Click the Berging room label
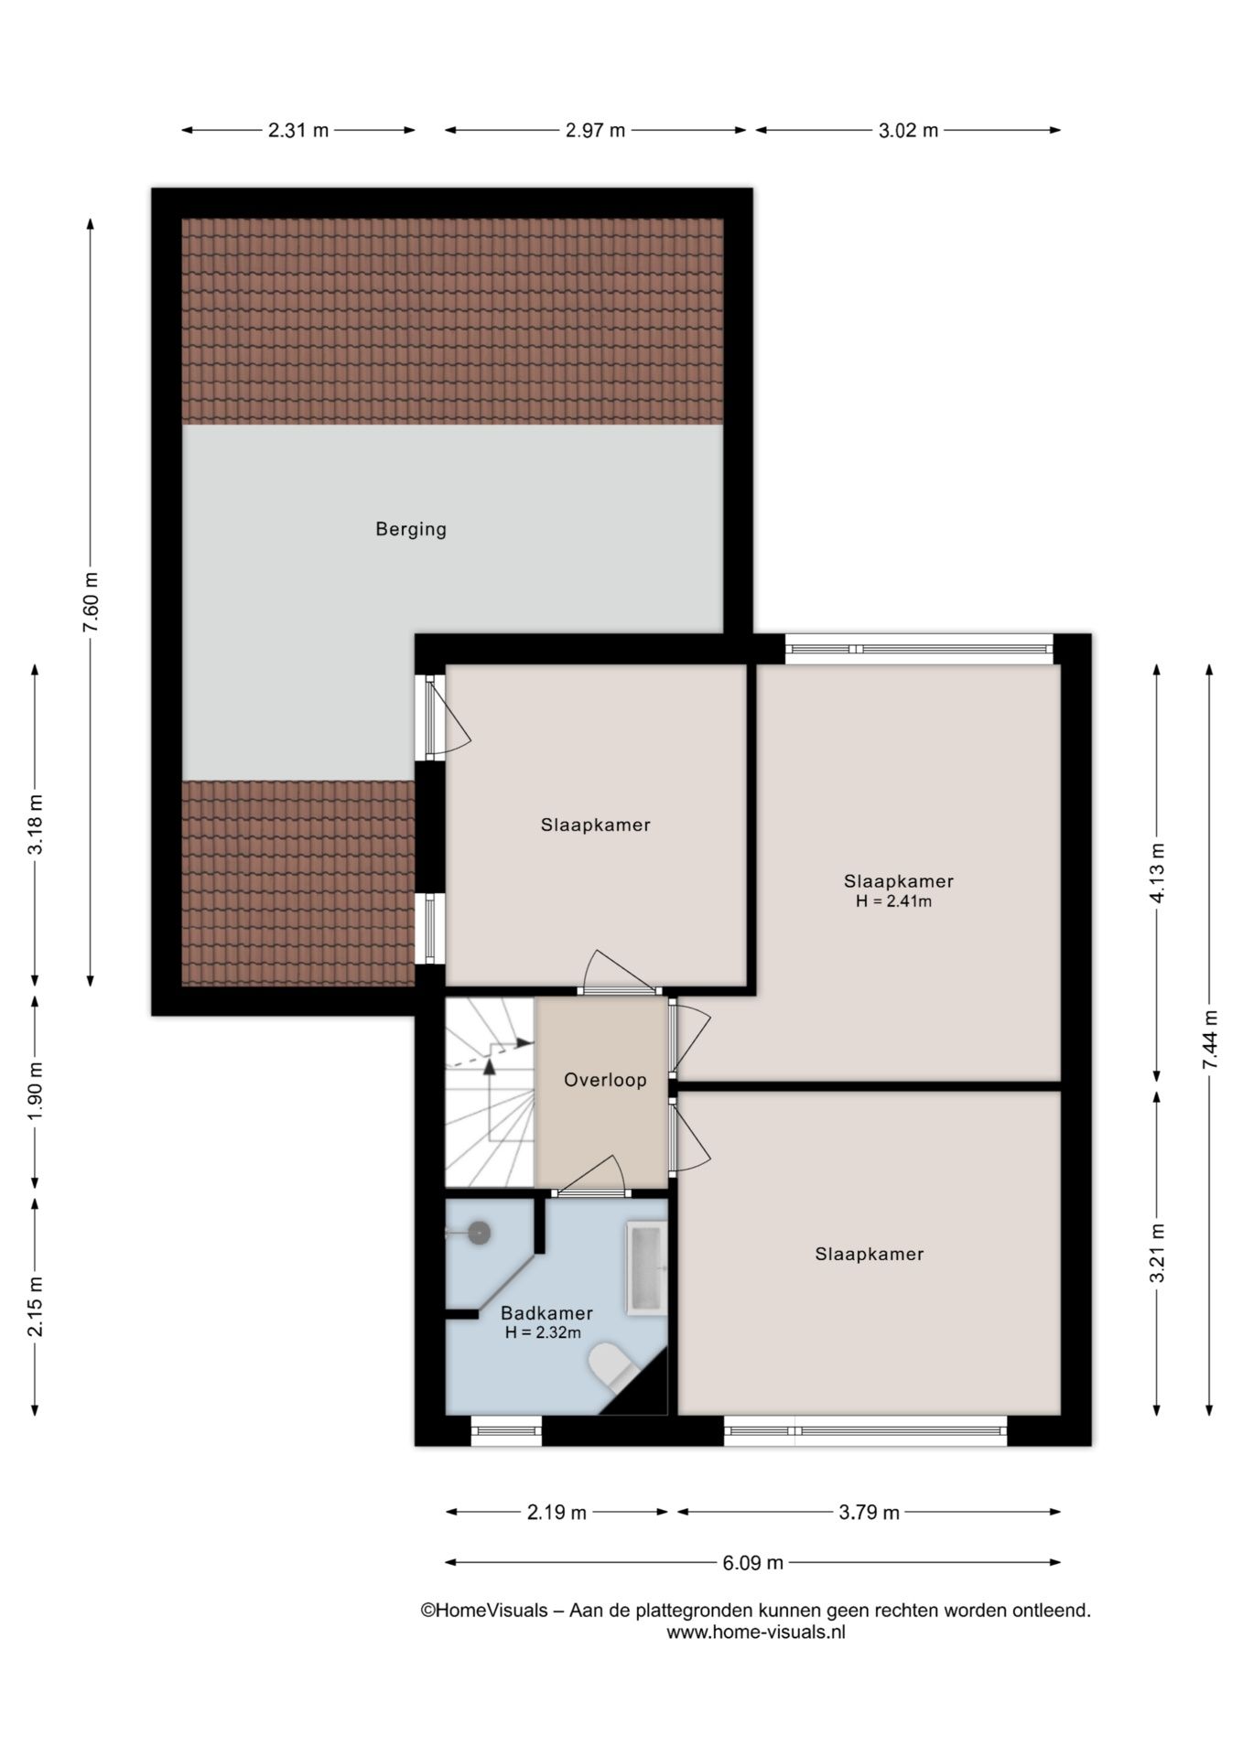(411, 529)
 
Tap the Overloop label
(605, 1080)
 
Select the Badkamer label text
(546, 1313)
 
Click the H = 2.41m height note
(893, 901)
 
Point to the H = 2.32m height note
(543, 1332)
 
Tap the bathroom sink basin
(646, 1268)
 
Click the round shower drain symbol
(479, 1234)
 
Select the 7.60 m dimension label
(91, 602)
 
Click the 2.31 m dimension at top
(298, 130)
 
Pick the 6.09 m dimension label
(753, 1562)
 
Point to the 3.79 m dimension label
(870, 1513)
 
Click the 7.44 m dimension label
(1210, 1040)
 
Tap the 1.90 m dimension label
(36, 1090)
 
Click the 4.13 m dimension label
(1157, 872)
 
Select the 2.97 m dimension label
(595, 130)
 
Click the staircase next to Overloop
(489, 1093)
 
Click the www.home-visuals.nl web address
(755, 1632)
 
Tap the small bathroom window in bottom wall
(506, 1430)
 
